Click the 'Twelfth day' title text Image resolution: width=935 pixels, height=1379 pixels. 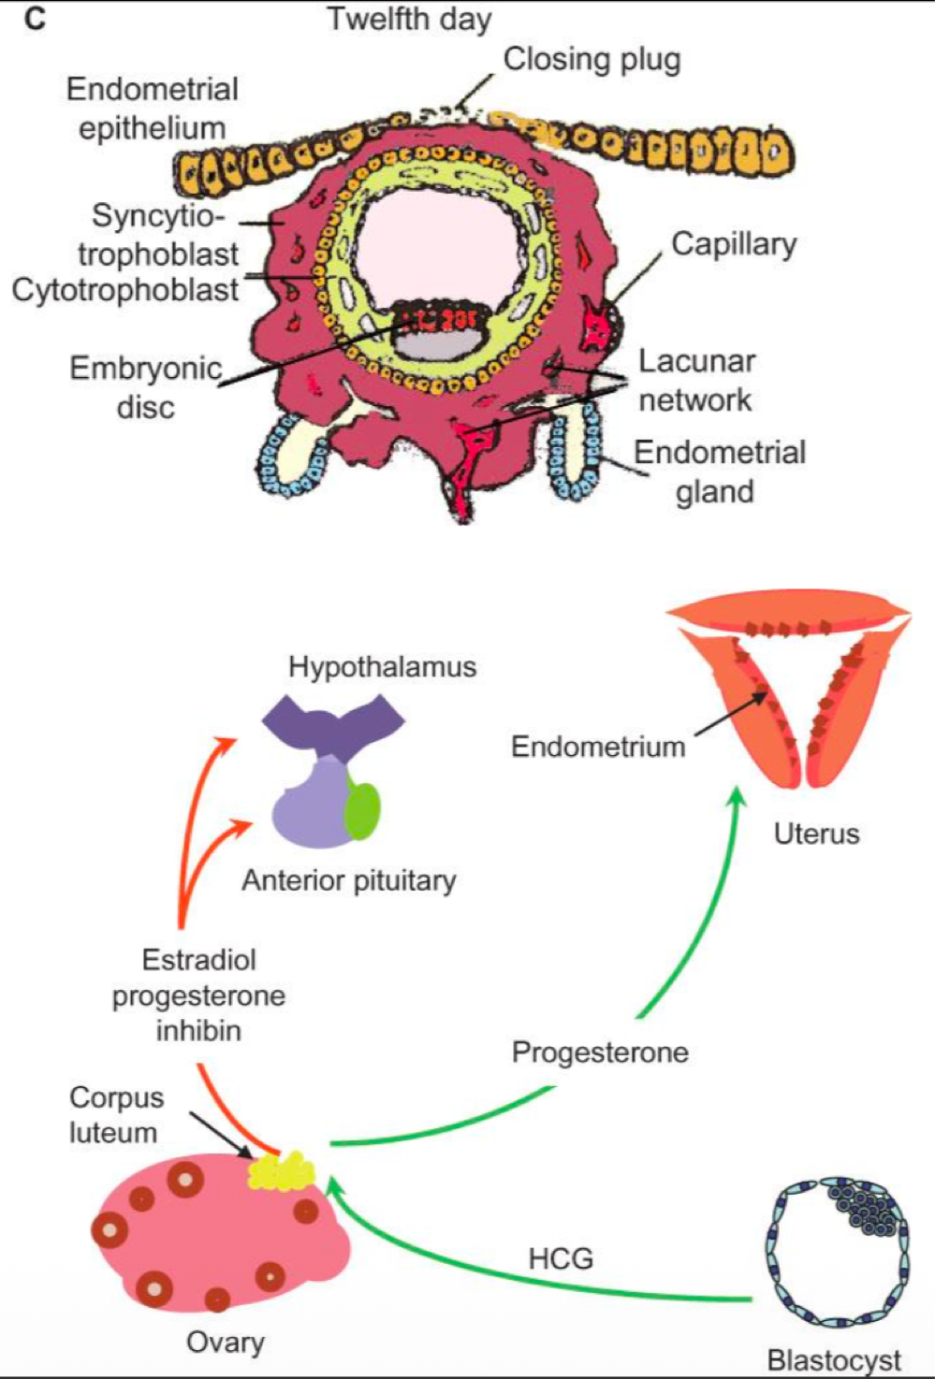(409, 19)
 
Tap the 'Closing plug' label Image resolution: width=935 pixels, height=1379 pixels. (592, 59)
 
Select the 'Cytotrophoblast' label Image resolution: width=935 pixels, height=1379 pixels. (124, 290)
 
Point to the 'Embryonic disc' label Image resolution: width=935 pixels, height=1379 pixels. (145, 387)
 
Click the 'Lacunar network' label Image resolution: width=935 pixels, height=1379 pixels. (696, 380)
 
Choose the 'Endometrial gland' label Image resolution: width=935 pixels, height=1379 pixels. (719, 472)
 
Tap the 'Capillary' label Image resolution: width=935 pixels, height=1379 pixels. (734, 243)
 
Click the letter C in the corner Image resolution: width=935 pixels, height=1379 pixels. (35, 18)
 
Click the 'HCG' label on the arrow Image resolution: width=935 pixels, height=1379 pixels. (561, 1258)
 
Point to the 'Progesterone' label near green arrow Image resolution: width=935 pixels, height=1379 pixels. (600, 1052)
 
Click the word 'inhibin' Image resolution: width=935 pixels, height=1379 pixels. (198, 1030)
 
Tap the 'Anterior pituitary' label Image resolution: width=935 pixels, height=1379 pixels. (348, 880)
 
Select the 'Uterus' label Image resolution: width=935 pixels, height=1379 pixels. (816, 834)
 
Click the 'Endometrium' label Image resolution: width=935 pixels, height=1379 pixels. (598, 747)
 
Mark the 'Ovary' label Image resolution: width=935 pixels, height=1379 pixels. (225, 1342)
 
